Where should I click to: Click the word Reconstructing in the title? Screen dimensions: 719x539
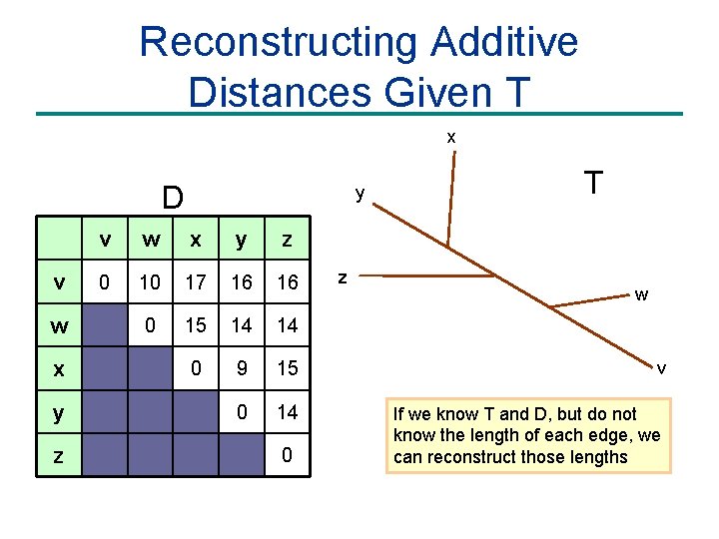[277, 43]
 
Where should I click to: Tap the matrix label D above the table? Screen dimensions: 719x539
[173, 196]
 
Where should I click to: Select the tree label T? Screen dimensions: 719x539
[593, 183]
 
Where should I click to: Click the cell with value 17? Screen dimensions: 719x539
[196, 282]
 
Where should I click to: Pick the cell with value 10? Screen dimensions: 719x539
[150, 282]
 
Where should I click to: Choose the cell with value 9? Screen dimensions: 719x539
[242, 368]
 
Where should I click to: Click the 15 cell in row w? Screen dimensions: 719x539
[196, 325]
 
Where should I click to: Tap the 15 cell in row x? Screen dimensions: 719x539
[288, 368]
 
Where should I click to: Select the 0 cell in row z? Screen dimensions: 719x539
[288, 456]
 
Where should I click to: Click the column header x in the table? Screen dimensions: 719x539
[196, 240]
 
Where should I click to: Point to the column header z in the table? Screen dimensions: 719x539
[288, 240]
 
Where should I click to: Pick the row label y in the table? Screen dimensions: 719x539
[59, 412]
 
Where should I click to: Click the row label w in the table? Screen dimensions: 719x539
[59, 326]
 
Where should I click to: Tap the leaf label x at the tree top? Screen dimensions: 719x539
[451, 135]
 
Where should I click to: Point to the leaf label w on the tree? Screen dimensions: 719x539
[641, 294]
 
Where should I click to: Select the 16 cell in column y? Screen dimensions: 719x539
[242, 282]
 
